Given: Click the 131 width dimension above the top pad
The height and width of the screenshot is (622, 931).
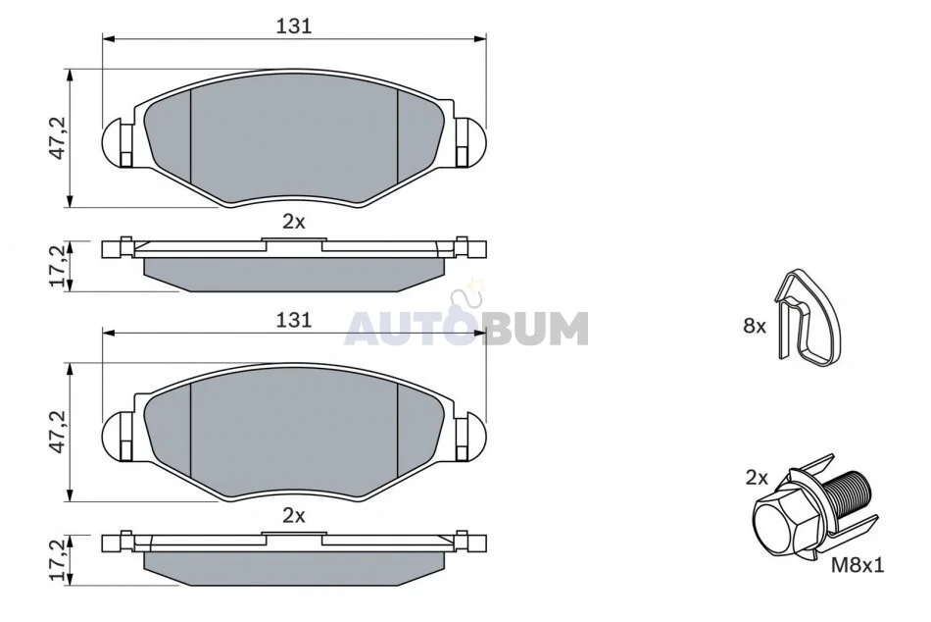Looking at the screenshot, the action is (x=294, y=26).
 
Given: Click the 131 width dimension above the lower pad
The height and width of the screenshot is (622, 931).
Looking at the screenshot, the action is (x=294, y=320).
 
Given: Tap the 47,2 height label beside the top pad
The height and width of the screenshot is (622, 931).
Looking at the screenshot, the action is (x=58, y=138).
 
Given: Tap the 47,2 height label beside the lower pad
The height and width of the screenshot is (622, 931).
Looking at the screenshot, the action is (x=58, y=432).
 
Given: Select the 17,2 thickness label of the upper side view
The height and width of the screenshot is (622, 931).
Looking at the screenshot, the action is (x=58, y=266).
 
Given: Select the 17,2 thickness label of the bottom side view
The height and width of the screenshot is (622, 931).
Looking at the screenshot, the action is (x=58, y=559).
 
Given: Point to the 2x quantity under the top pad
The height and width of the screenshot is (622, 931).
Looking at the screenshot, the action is (x=293, y=222).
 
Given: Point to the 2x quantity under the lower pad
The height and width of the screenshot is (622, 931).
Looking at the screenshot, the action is (x=293, y=516).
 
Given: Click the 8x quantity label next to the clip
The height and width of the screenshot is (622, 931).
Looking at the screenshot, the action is (x=755, y=326).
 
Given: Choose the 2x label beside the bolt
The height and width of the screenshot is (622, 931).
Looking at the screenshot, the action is (x=757, y=478).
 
